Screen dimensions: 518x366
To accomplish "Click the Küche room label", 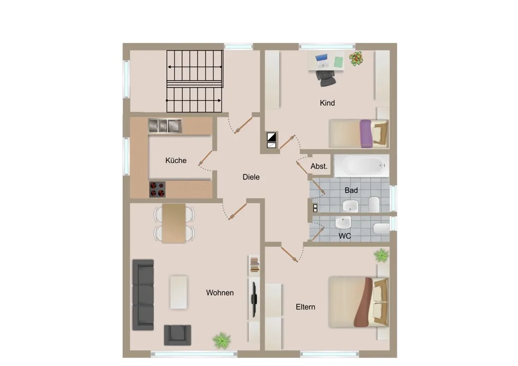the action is pos(176,160).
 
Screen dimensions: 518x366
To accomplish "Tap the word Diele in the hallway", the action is pos(251,177).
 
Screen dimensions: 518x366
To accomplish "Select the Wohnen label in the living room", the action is pos(220,292).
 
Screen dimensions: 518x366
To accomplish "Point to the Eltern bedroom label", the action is pos(305,307).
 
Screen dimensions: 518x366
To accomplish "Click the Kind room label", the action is pos(327,103).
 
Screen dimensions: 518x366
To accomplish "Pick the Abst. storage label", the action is pos(319,166).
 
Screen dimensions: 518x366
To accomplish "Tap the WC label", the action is pos(344,236).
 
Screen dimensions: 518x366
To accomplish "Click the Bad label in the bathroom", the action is pos(351,190).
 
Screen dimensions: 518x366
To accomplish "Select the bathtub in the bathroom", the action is pos(362,166).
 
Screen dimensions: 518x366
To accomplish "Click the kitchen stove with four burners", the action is pos(157,189).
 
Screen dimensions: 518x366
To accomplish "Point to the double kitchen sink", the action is pos(165,126).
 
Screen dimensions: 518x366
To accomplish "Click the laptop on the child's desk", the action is pos(322,61).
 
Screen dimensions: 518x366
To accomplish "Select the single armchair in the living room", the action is pos(177,335).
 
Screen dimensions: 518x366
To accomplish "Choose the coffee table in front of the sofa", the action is pos(178,292).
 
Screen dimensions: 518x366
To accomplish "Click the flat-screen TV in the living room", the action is pos(254,299).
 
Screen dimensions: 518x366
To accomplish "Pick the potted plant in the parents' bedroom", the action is pos(382,256).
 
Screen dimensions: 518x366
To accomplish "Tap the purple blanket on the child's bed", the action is pos(366,134).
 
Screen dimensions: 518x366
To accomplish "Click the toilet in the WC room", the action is pos(381,229).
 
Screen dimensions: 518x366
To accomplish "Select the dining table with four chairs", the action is pos(174,223).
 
